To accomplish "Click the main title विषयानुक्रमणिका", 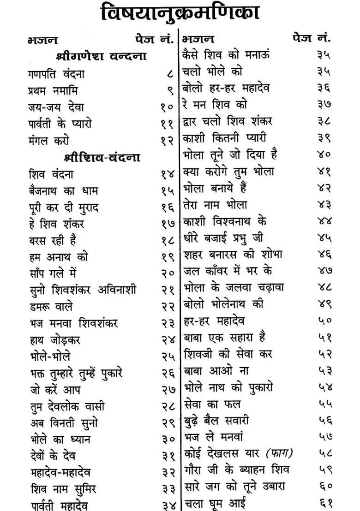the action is (180, 13).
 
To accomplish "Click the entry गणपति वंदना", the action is (56, 74).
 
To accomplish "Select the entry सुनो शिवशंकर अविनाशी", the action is (82, 290).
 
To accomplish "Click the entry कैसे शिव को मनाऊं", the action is (226, 54).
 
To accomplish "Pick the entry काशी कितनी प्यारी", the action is (224, 138).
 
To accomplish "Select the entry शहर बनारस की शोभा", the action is (233, 254).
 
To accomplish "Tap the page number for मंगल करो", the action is (167, 141).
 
